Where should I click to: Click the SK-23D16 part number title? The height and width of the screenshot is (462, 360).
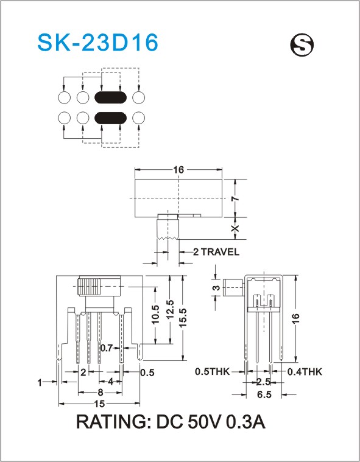[x=98, y=43]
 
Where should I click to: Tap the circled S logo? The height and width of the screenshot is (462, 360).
[x=302, y=46]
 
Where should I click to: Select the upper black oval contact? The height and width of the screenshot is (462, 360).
[x=110, y=97]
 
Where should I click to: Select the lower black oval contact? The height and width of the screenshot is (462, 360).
[x=110, y=118]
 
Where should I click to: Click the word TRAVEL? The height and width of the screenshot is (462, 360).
[x=221, y=252]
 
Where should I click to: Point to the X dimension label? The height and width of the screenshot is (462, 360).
[x=235, y=229]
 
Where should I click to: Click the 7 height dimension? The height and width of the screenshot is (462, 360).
[x=235, y=199]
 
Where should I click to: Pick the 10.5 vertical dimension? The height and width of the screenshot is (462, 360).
[x=155, y=314]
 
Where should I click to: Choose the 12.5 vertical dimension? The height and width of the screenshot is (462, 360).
[x=170, y=309]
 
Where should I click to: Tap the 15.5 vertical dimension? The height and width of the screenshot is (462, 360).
[x=183, y=318]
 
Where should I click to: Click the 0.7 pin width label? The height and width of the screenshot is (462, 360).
[x=107, y=348]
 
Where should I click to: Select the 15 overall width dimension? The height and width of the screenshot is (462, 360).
[x=100, y=404]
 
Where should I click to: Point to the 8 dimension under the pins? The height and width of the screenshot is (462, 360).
[x=101, y=393]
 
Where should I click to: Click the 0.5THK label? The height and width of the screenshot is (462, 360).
[x=213, y=371]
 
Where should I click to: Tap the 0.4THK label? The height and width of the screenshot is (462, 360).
[x=305, y=371]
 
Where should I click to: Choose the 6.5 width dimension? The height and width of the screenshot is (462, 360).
[x=264, y=394]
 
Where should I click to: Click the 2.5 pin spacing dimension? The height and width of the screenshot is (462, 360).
[x=263, y=382]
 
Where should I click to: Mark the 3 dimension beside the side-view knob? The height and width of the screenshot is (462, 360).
[x=216, y=287]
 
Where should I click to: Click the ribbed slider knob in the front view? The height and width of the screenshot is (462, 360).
[x=90, y=286]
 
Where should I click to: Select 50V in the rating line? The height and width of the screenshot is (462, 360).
[x=202, y=422]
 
